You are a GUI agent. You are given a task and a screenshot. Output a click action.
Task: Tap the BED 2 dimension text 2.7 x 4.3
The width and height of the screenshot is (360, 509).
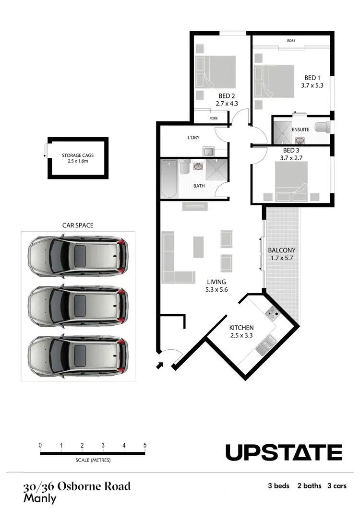pos(227,103)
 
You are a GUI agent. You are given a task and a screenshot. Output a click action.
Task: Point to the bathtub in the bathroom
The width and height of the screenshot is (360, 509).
pos(169,178)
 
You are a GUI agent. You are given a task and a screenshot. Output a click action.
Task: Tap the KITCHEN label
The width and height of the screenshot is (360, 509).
pos(241,328)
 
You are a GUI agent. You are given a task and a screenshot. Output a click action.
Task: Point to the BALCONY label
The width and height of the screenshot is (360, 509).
pos(281,250)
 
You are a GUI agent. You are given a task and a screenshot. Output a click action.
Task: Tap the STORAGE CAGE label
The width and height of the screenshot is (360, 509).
pos(77,155)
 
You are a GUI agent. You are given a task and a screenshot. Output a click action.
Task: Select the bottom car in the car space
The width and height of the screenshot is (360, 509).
pos(78,355)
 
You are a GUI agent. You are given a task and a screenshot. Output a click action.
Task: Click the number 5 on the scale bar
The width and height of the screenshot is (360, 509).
pos(145,445)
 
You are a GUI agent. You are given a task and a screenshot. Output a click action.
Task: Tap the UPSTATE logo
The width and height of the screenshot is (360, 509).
pos(284,452)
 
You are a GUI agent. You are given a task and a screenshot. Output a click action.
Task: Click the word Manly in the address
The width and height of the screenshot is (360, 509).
pos(40,498)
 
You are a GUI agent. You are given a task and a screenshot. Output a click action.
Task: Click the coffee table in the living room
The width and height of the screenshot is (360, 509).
pos(198,247)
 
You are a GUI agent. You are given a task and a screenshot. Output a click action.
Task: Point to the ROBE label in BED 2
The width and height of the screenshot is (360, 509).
pos(213,118)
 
